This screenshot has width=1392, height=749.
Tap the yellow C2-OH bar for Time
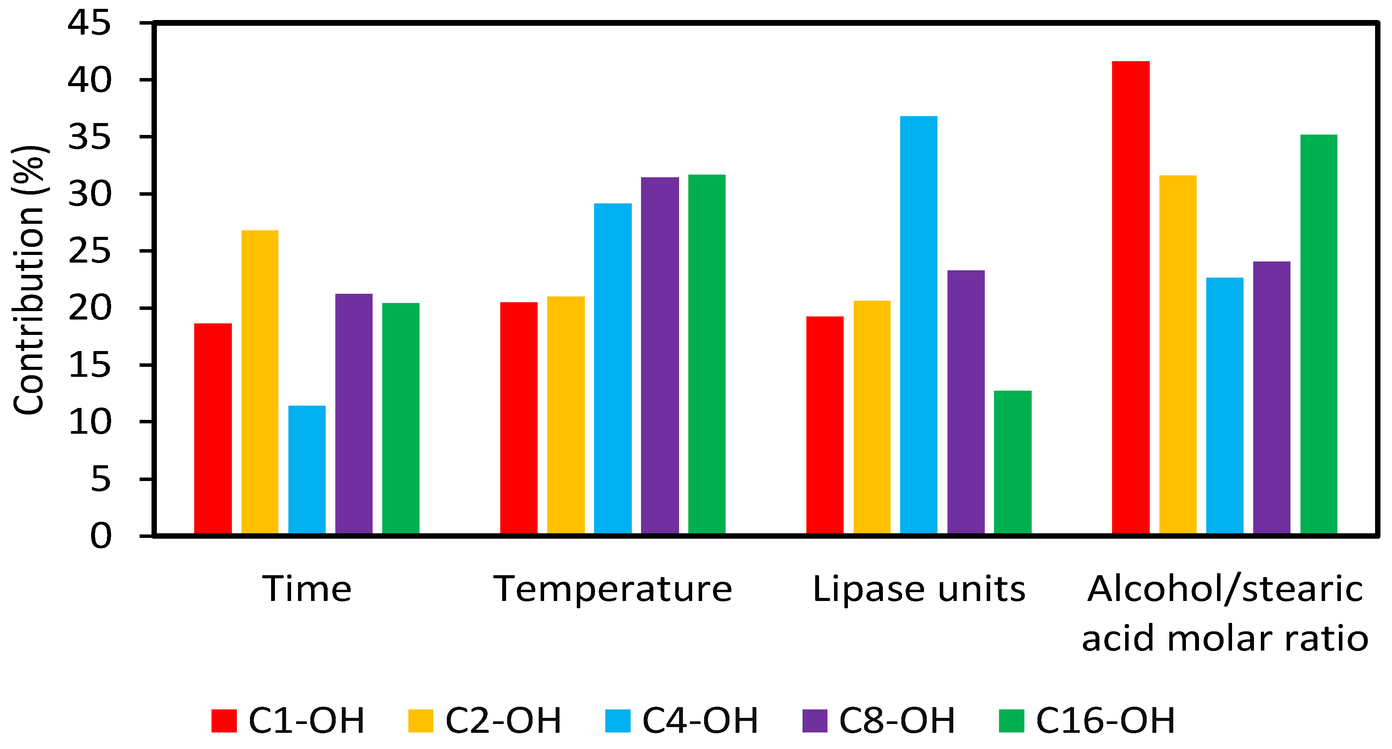tap(260, 382)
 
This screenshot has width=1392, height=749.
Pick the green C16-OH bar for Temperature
tap(706, 355)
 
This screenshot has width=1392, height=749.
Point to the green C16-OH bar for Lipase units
tap(1012, 463)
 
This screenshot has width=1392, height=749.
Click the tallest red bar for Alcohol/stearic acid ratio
tap(1131, 298)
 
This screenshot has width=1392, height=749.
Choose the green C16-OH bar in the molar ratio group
tap(1319, 335)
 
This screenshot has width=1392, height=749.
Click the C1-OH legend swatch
tap(224, 721)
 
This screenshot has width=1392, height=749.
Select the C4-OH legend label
tap(700, 721)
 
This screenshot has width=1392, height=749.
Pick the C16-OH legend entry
tap(1105, 721)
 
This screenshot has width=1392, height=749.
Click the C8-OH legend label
tap(897, 721)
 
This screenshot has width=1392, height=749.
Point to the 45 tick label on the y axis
tap(89, 24)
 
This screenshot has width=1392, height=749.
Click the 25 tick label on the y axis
tap(89, 251)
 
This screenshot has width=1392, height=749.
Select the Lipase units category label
tap(919, 589)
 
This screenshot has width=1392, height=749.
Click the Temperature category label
tap(613, 589)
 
